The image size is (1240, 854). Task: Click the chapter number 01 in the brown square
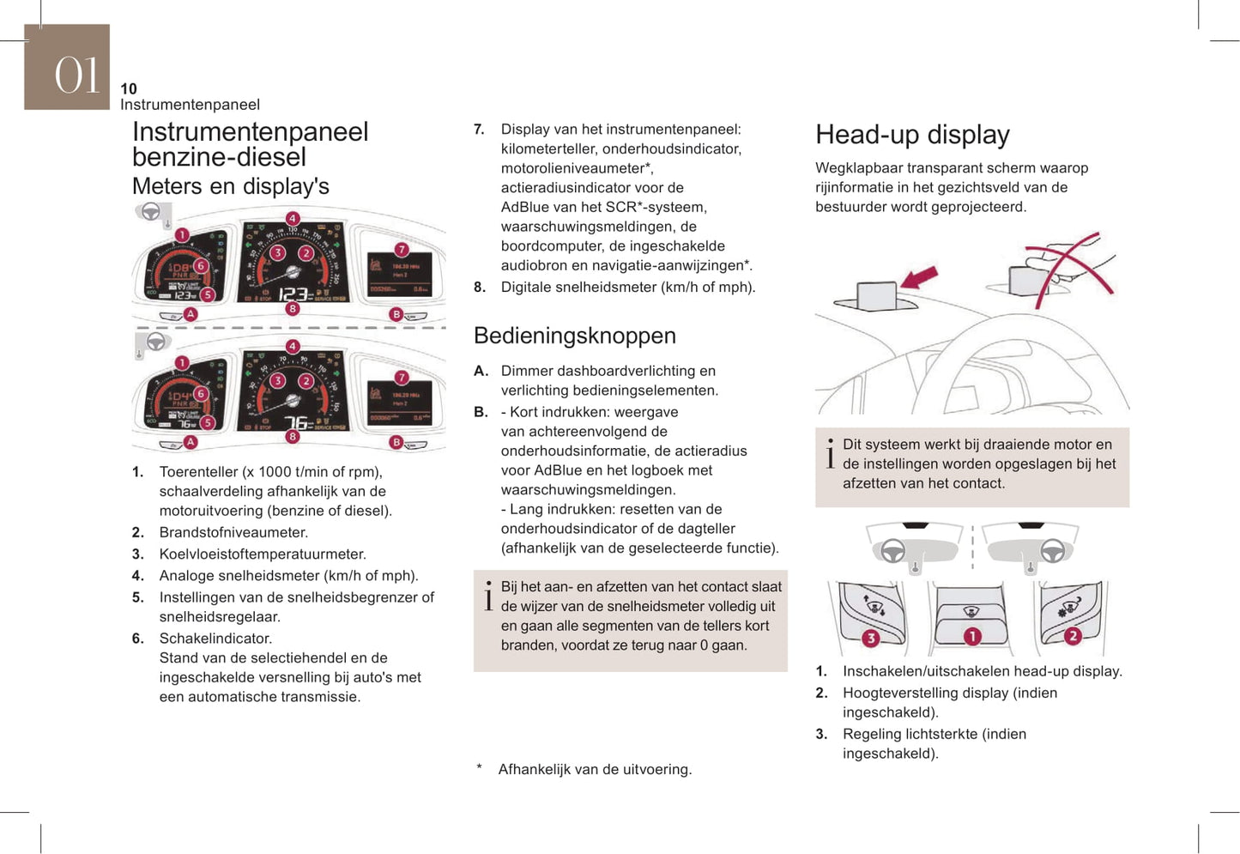76,75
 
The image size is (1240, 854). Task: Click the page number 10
129,88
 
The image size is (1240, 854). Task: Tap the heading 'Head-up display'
912,135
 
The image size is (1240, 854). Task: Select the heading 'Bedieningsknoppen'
574,336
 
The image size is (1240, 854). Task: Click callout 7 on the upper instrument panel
402,250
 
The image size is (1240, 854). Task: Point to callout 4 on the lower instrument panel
293,346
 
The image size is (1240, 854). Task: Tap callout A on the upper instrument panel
191,314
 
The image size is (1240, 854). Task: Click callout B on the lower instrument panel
396,442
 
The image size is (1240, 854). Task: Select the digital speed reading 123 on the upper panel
293,294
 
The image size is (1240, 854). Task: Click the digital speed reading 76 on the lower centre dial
297,422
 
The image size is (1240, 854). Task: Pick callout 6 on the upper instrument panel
201,265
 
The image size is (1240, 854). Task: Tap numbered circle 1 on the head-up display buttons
971,636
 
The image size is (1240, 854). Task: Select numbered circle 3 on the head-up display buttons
870,638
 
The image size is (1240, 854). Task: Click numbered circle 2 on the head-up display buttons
1073,636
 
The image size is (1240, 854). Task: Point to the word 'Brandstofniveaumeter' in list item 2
233,532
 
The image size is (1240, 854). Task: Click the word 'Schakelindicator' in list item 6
215,639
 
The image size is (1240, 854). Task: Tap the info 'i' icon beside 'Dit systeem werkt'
830,454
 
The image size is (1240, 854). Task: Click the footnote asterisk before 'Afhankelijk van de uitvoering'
480,768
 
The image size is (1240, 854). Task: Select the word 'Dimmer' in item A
528,371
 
